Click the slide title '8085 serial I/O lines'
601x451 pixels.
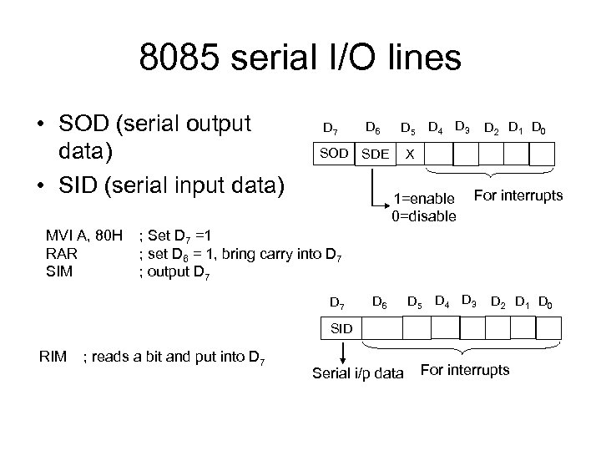coord(300,60)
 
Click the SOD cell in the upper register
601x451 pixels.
coord(332,155)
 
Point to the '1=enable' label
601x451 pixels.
coord(423,199)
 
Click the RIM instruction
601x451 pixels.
coord(53,358)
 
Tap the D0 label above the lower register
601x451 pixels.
coord(548,301)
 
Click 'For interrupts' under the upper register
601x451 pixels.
coord(518,195)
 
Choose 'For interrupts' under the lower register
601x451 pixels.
coord(465,369)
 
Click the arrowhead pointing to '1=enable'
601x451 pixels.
coord(383,201)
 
